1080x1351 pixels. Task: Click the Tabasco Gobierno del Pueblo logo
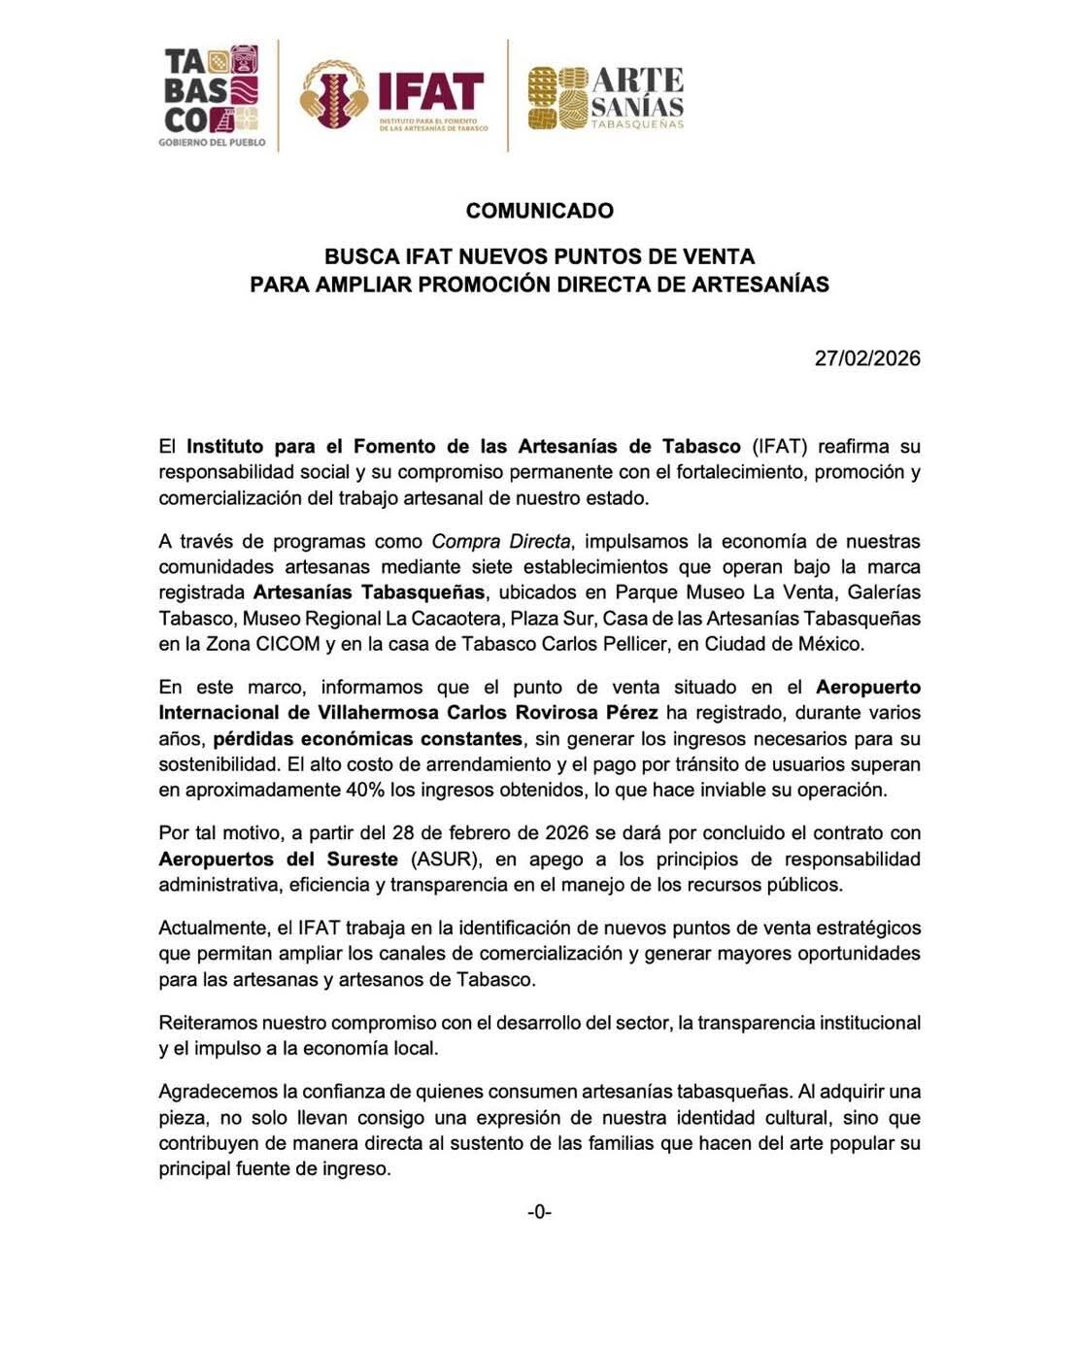[212, 96]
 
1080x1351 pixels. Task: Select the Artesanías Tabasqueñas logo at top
[606, 96]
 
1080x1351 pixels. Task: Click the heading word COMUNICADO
[539, 211]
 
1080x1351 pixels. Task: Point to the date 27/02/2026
[867, 358]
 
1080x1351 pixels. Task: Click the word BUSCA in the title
[354, 257]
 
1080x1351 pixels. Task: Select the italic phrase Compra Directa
[501, 541]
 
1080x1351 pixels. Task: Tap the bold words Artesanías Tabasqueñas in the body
[368, 592]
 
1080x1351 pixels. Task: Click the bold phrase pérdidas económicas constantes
[368, 738]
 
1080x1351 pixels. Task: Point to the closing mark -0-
[539, 1211]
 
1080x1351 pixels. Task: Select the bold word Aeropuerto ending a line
[868, 687]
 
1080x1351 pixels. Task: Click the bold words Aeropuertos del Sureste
[279, 859]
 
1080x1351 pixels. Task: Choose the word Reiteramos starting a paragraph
[208, 1023]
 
